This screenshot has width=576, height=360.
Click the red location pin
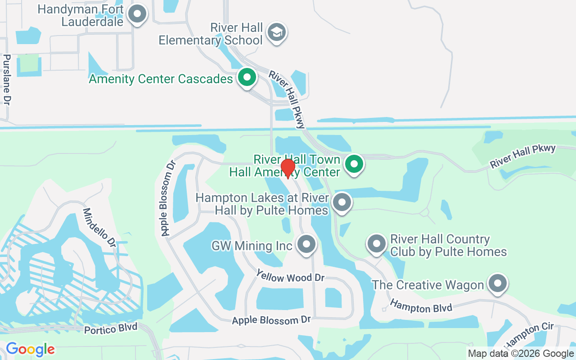288,168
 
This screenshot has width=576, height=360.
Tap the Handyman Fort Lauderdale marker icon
137,14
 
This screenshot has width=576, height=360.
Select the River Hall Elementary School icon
276,32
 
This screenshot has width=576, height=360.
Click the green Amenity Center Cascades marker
247,78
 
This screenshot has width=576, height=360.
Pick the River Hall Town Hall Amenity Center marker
354,164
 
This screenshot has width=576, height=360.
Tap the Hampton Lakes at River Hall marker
342,202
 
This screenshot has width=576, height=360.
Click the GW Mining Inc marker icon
307,245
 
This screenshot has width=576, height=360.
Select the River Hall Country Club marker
377,244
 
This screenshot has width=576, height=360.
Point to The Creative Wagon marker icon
497,284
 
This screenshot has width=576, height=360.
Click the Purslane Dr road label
7,80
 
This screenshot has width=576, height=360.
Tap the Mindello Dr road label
99,227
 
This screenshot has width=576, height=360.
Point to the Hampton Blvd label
421,307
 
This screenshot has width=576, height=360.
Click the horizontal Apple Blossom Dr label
271,320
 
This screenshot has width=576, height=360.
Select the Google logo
30,349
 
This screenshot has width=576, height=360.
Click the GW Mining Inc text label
252,246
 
